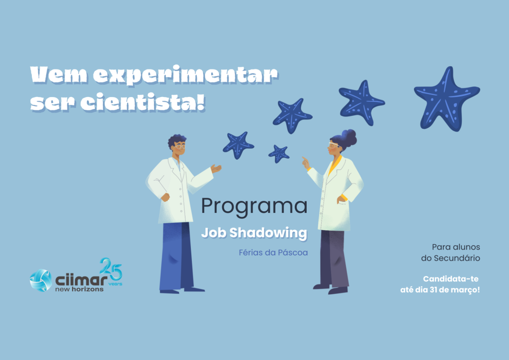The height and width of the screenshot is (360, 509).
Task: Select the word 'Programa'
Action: (254, 206)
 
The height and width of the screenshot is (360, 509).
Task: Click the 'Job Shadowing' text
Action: (254, 233)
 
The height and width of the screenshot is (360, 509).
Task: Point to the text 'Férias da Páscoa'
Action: (273, 253)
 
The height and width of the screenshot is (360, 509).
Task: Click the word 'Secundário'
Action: (457, 259)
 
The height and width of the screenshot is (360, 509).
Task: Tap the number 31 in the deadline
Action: (434, 289)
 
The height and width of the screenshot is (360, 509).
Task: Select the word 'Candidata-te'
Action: (450, 279)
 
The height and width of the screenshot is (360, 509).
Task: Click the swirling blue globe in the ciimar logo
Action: (41, 280)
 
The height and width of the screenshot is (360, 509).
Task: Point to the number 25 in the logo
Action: (111, 269)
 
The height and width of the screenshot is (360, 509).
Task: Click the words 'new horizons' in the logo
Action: (79, 289)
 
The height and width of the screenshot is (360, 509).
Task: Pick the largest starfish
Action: (446, 98)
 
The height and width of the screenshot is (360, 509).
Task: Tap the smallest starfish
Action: (279, 154)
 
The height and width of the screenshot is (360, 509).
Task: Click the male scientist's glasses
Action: (179, 147)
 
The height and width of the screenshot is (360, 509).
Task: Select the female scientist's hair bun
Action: (349, 137)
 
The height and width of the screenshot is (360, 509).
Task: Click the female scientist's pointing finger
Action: (304, 159)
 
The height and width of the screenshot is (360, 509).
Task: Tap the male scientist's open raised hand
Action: (216, 169)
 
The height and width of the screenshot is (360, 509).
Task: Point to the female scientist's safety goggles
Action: (333, 145)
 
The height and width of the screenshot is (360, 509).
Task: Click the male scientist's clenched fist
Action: (166, 197)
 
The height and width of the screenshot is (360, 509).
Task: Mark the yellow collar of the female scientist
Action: (334, 165)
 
